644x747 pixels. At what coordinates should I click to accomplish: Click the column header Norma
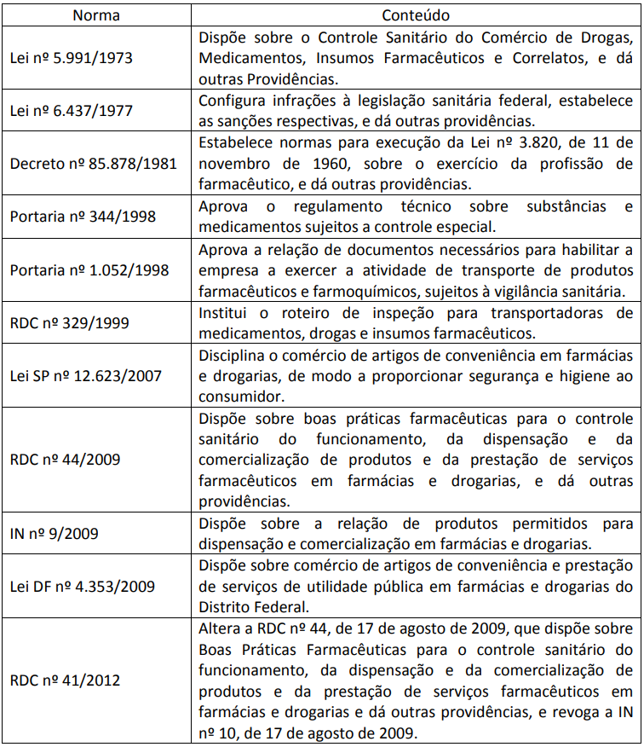click(95, 15)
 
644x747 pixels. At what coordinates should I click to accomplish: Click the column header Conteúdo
click(416, 15)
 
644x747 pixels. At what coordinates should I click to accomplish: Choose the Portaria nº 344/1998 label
click(83, 217)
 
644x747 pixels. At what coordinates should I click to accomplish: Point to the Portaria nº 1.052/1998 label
click(89, 269)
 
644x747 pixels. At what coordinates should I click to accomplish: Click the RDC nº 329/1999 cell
click(66, 323)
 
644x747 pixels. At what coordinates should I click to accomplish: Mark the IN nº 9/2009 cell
click(54, 534)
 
